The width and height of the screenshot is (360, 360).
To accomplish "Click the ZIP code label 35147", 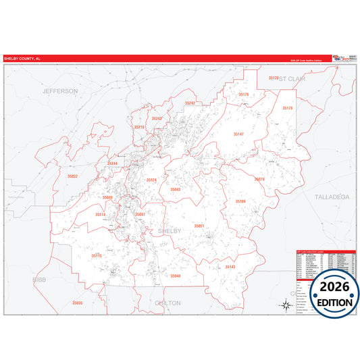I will tap(238, 134).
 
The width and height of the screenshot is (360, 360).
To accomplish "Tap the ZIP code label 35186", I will tap(241, 201).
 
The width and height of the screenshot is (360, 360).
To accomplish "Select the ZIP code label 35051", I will tap(199, 226).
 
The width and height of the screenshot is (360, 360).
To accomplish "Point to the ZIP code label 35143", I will tap(230, 267).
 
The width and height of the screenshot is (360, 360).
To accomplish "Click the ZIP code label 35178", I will tap(287, 108).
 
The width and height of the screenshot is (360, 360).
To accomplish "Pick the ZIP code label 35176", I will tap(244, 95).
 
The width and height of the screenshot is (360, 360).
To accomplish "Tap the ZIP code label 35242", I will tap(190, 103).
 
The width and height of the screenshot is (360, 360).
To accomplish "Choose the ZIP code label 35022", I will tap(72, 176).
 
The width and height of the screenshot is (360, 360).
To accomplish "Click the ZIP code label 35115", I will tap(97, 256).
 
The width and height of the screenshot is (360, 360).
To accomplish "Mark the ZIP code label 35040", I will tap(176, 276).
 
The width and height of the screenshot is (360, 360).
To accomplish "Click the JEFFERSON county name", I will tap(60, 91).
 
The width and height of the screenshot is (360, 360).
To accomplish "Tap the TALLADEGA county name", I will tap(332, 196).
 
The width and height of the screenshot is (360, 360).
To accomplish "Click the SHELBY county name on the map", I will tap(170, 231).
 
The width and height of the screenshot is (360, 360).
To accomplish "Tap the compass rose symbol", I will tap(286, 305).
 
